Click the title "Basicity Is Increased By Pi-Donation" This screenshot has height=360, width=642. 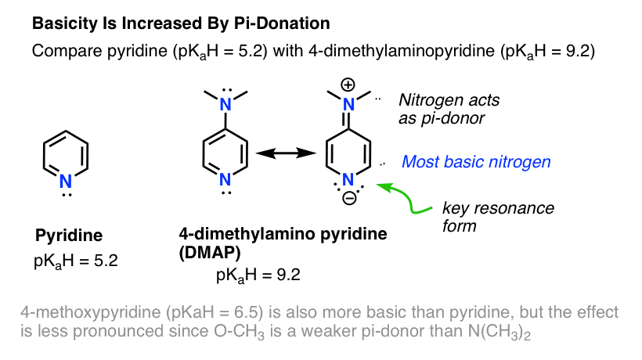click(x=181, y=23)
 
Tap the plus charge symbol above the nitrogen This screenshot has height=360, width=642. click(x=348, y=85)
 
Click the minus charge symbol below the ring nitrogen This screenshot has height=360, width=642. click(x=349, y=200)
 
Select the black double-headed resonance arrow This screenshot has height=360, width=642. click(x=286, y=153)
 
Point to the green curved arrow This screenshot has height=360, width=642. click(x=409, y=200)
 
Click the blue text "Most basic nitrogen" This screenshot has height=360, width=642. click(x=476, y=162)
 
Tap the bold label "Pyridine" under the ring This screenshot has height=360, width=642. click(x=69, y=236)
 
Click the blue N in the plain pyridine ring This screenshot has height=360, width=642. click(x=66, y=182)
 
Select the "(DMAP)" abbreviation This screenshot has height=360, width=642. click(x=210, y=253)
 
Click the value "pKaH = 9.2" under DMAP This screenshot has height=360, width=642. click(x=258, y=275)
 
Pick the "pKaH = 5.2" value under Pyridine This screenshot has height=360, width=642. click(x=76, y=261)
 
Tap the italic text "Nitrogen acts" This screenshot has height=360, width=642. click(x=449, y=100)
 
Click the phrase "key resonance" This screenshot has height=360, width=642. click(x=498, y=208)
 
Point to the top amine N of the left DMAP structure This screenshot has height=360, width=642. click(x=225, y=105)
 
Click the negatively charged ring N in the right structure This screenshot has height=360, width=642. click(x=348, y=179)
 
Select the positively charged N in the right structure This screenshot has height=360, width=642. click(x=348, y=105)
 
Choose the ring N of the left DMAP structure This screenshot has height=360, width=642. click(x=225, y=179)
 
